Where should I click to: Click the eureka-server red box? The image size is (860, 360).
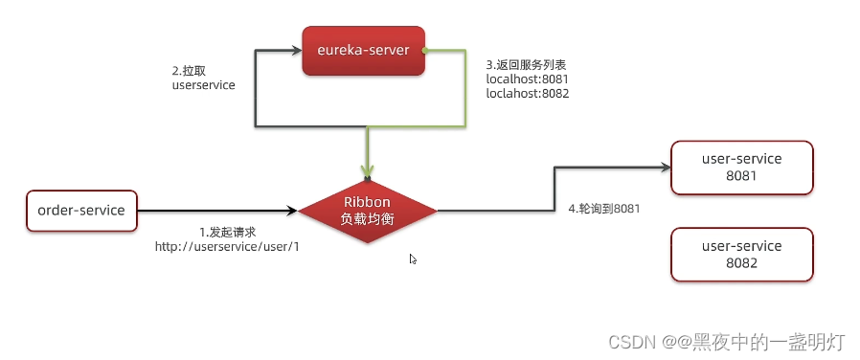point(363,50)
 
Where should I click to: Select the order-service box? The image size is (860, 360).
point(81,210)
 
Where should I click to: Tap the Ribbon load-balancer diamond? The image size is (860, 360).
point(368,210)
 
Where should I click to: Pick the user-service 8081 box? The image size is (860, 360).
point(741,168)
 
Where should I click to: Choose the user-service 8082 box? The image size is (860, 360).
point(741,254)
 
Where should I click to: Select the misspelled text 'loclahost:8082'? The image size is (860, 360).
point(526,95)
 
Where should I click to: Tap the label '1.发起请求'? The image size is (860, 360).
point(227,233)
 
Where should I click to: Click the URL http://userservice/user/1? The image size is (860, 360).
point(227,247)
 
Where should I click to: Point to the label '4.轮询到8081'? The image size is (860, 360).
point(603,209)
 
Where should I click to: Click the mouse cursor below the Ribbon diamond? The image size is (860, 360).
point(413,259)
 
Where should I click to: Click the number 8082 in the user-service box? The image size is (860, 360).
point(741,262)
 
